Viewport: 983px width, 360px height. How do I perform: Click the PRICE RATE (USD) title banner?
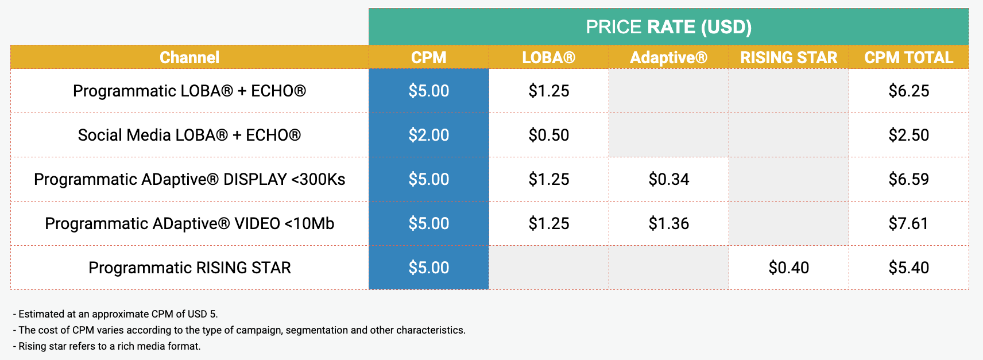tap(668, 27)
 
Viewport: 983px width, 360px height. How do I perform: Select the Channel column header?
tap(189, 57)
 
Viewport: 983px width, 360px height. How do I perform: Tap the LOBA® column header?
tap(548, 57)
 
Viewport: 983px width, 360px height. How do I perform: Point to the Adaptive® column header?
tap(669, 57)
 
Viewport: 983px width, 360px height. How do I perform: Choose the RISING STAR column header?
tap(788, 57)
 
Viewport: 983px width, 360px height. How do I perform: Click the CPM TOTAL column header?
tap(909, 57)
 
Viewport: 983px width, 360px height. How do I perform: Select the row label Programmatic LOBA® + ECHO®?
tap(189, 91)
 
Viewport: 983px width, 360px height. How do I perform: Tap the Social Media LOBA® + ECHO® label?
tap(189, 135)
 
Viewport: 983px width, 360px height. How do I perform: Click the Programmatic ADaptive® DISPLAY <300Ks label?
tap(189, 179)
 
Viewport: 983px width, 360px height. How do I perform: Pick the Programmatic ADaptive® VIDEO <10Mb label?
tap(189, 223)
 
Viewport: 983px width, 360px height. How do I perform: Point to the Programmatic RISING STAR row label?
tap(189, 268)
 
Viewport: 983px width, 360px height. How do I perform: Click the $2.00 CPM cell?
tap(429, 135)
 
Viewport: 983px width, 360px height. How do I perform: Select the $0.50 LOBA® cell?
tap(548, 135)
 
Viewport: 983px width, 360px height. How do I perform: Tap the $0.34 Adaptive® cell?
tap(669, 179)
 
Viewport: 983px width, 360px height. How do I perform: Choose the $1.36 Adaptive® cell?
tap(669, 223)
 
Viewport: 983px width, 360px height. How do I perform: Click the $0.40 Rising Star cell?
tap(788, 268)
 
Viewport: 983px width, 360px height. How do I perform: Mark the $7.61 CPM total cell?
tap(909, 223)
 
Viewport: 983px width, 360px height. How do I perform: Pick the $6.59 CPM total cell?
tap(909, 179)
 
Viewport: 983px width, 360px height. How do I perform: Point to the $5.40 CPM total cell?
tap(909, 268)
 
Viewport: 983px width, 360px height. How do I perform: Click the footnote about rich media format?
tap(107, 346)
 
